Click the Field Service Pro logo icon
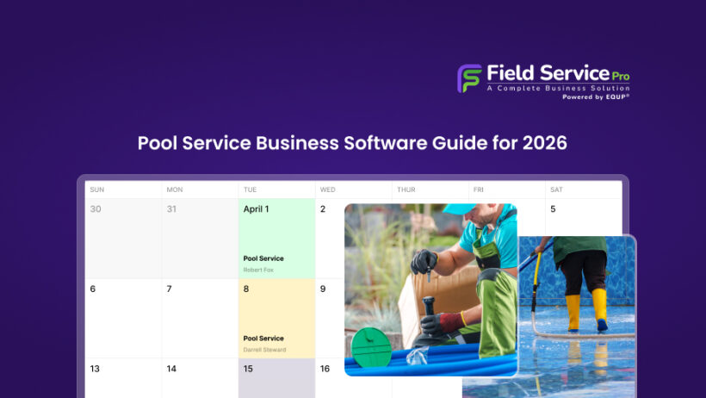pyautogui.click(x=469, y=78)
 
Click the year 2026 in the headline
pyautogui.click(x=545, y=143)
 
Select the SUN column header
pyautogui.click(x=97, y=190)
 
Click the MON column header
pyautogui.click(x=175, y=190)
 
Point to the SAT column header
pyautogui.click(x=556, y=190)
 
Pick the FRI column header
pyautogui.click(x=478, y=190)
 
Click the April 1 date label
pyautogui.click(x=256, y=209)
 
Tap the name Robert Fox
pyautogui.click(x=257, y=270)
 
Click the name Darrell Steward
pyautogui.click(x=263, y=350)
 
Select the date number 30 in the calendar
pyautogui.click(x=96, y=209)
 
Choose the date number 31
pyautogui.click(x=172, y=209)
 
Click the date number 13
pyautogui.click(x=95, y=369)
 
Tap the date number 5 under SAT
pyautogui.click(x=553, y=209)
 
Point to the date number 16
pyautogui.click(x=325, y=369)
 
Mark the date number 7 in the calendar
pyautogui.click(x=169, y=289)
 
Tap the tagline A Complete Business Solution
pyautogui.click(x=558, y=88)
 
